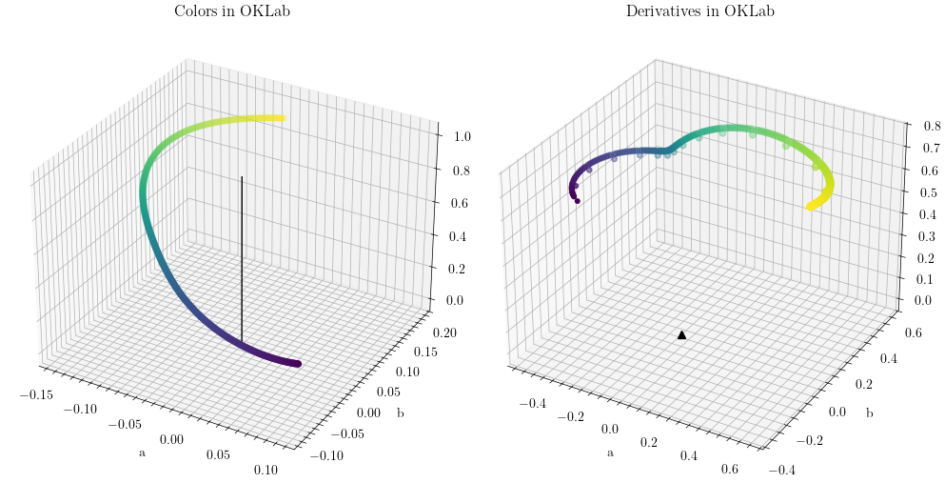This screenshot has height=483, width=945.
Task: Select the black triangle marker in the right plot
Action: pyautogui.click(x=681, y=334)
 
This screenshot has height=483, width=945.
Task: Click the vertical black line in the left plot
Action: pyautogui.click(x=242, y=257)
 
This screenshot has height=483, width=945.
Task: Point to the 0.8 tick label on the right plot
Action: pyautogui.click(x=920, y=123)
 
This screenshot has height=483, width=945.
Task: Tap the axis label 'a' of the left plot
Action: pyautogui.click(x=143, y=453)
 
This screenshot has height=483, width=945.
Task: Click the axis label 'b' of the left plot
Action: pyautogui.click(x=400, y=413)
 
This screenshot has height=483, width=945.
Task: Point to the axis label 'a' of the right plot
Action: pyautogui.click(x=610, y=453)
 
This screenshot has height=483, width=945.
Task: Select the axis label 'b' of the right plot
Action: pyautogui.click(x=869, y=413)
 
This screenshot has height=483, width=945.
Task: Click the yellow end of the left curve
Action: pyautogui.click(x=281, y=118)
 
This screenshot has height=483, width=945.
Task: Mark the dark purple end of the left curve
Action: pyautogui.click(x=297, y=363)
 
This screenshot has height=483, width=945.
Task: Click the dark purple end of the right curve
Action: pyautogui.click(x=577, y=200)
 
